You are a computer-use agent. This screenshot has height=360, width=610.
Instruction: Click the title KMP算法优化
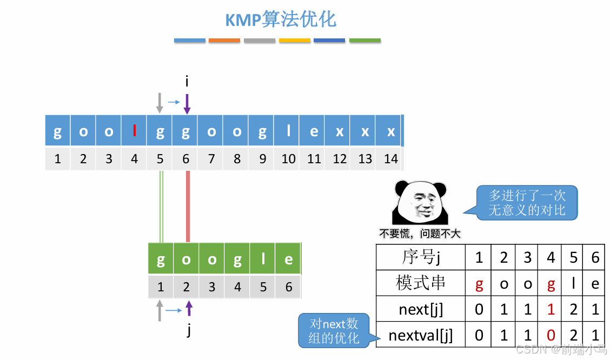[x=281, y=21]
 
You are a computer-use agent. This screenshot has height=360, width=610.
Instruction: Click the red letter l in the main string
[x=135, y=131]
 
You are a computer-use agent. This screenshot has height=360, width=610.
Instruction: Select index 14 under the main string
[x=390, y=159]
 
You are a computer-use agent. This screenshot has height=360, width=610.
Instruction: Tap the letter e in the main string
[x=314, y=131]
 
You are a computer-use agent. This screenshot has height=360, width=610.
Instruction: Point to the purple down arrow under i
[x=187, y=104]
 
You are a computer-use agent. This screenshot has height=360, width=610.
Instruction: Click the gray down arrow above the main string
[x=160, y=103]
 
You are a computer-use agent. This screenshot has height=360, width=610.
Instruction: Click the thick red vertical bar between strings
[x=188, y=206]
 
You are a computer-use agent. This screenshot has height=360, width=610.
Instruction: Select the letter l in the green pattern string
[x=263, y=259]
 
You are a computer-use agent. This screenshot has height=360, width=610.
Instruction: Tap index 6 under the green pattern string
[x=289, y=286]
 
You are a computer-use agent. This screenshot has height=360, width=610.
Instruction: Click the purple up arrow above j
[x=188, y=309]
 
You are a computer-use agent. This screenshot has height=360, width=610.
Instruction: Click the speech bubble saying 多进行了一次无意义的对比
[x=527, y=203]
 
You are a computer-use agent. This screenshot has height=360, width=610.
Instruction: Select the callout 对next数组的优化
[x=334, y=331]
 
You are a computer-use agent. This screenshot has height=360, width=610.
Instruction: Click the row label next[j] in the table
[x=421, y=309]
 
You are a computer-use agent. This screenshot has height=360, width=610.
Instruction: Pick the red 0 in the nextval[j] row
[x=551, y=336]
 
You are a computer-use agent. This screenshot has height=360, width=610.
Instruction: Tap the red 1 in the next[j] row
[x=551, y=309]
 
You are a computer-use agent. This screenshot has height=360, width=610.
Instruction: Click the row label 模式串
[x=421, y=283]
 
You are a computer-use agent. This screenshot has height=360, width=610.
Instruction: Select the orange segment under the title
[x=224, y=41]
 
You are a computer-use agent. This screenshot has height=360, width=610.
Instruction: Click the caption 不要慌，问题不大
[x=419, y=234]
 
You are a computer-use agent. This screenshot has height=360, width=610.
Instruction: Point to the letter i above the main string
[x=187, y=82]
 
